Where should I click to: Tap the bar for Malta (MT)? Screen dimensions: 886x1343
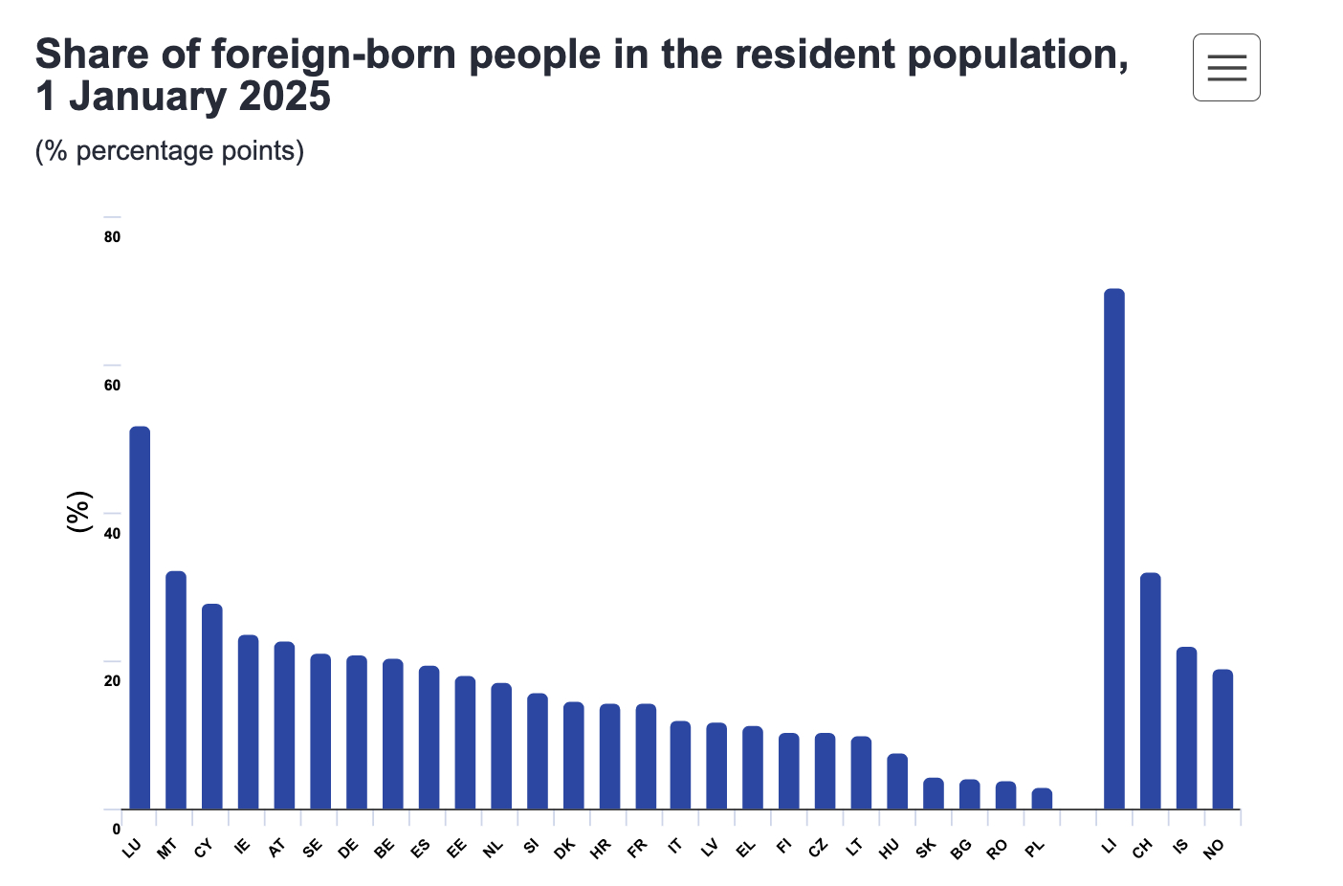[176, 690]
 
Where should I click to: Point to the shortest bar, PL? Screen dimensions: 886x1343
[1042, 798]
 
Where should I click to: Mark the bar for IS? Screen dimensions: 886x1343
[1186, 728]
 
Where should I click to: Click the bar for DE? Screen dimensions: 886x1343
[356, 732]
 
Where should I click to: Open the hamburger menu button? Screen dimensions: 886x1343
[1226, 67]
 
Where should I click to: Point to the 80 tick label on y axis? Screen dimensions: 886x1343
[113, 237]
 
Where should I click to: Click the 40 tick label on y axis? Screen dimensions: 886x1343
[113, 533]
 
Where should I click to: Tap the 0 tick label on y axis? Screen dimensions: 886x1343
[116, 829]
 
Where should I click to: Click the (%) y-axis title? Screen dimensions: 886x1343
[78, 512]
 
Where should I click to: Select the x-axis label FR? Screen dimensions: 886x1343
[637, 848]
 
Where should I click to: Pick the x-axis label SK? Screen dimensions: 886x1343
[925, 848]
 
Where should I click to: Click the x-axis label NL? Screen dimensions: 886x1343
[493, 848]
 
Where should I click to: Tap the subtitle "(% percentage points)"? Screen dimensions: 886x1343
[169, 151]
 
